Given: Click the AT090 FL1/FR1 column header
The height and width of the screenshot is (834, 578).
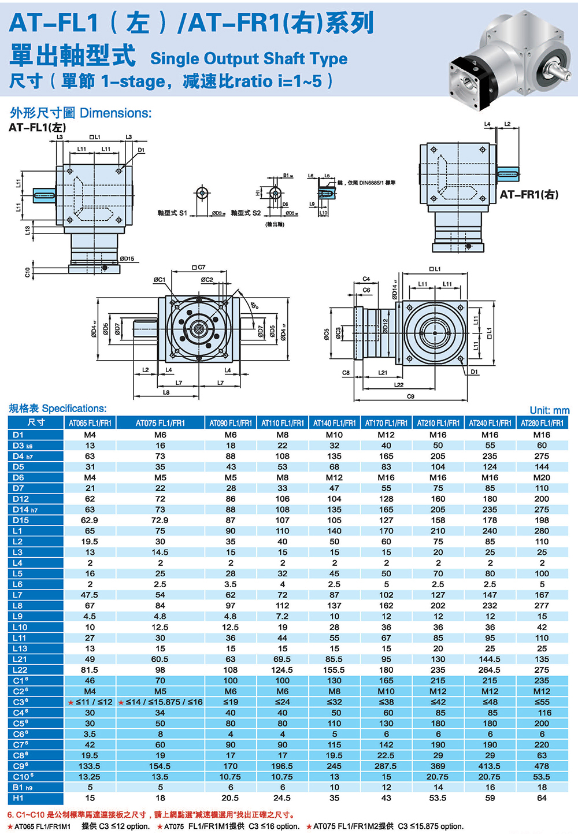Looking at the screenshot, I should click(x=230, y=423).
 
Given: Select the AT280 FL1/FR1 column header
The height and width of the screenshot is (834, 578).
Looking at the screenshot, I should click(x=542, y=423).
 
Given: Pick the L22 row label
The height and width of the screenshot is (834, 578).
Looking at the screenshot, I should click(x=20, y=670).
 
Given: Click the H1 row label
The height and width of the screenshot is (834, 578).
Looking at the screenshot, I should click(x=18, y=798).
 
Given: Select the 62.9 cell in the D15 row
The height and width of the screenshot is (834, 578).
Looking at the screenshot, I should click(x=90, y=520).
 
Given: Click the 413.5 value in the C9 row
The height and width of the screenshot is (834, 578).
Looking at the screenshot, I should click(x=490, y=766).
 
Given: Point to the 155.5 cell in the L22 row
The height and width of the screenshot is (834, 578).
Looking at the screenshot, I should click(x=334, y=670).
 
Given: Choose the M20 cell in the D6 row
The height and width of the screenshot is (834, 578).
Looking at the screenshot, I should click(x=542, y=477).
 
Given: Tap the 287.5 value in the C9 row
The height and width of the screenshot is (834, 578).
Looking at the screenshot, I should click(x=386, y=766).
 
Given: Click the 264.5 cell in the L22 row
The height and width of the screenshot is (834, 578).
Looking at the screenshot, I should click(x=490, y=670).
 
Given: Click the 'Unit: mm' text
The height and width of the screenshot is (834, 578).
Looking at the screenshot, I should click(x=549, y=410).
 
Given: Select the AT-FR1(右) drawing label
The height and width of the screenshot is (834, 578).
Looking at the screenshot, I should click(x=529, y=195).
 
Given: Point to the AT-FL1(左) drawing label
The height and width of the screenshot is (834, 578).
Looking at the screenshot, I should click(x=37, y=127).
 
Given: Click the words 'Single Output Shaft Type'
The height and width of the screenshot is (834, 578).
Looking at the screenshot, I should click(x=249, y=58).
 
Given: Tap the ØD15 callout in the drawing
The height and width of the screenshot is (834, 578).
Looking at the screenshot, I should click(x=127, y=259).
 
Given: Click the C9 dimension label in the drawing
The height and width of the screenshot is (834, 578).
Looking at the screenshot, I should click(x=410, y=396).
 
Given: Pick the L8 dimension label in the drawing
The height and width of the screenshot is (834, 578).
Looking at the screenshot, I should click(x=166, y=392).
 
